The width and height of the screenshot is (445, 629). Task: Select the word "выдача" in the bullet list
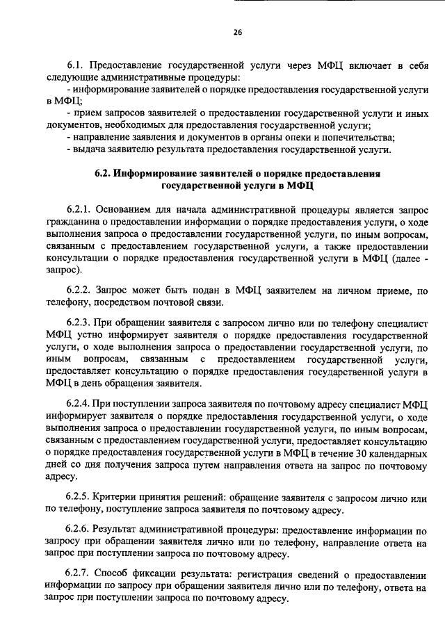pos(88,149)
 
